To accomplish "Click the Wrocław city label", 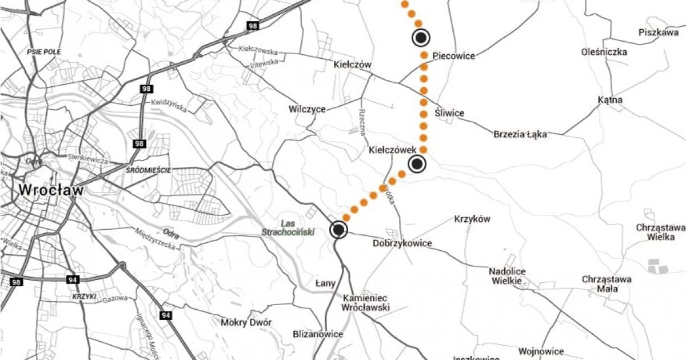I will [x=51, y=190].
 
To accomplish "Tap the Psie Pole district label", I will [x=43, y=52].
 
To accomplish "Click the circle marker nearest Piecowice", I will [x=421, y=38].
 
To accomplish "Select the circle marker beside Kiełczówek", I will [x=417, y=164].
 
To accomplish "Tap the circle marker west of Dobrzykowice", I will [x=338, y=230].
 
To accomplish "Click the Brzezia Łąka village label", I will [x=520, y=135].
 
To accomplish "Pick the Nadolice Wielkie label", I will [x=508, y=276].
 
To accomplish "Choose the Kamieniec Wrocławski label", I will [x=366, y=303].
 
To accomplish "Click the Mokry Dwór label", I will [x=246, y=322].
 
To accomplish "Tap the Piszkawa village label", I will [x=658, y=33].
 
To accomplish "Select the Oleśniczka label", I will [x=604, y=52].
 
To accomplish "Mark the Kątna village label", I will [x=610, y=101].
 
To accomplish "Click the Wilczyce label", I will [x=307, y=109].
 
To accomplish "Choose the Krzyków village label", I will [x=472, y=219].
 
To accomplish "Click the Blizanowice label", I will [x=317, y=334].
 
